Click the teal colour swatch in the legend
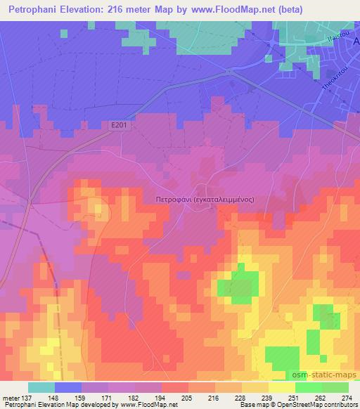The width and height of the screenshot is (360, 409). point(41,387)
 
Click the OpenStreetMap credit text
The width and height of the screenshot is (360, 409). point(309,405)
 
